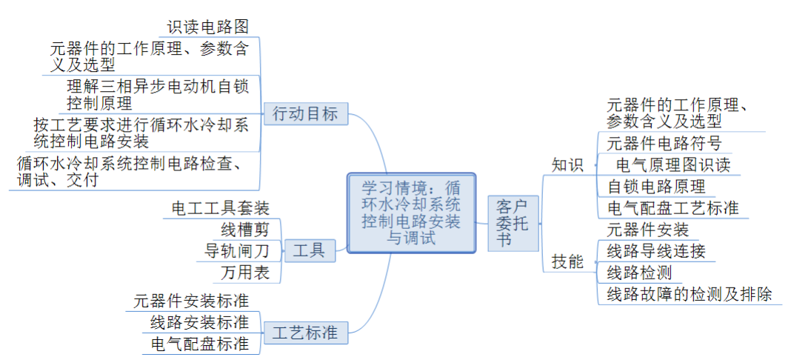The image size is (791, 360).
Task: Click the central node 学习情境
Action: [411, 212]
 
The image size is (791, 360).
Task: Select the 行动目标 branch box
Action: [305, 114]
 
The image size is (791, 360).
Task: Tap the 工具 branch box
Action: [309, 250]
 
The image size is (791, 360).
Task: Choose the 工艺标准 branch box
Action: [305, 333]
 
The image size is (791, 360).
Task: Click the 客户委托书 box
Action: [512, 222]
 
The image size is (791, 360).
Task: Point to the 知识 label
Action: [567, 164]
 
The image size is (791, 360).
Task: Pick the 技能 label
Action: [567, 261]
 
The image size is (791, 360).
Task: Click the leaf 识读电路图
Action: [208, 27]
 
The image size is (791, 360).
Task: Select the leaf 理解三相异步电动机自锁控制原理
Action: [159, 94]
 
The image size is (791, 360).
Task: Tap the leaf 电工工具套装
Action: [220, 207]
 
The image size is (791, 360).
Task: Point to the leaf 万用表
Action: [245, 273]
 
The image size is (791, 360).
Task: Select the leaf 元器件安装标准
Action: [191, 301]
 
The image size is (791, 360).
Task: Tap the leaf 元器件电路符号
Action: [664, 143]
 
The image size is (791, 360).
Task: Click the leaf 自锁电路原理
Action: [656, 186]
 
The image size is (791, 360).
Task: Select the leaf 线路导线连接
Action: [656, 250]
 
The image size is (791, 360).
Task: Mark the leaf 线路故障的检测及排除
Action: [690, 294]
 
